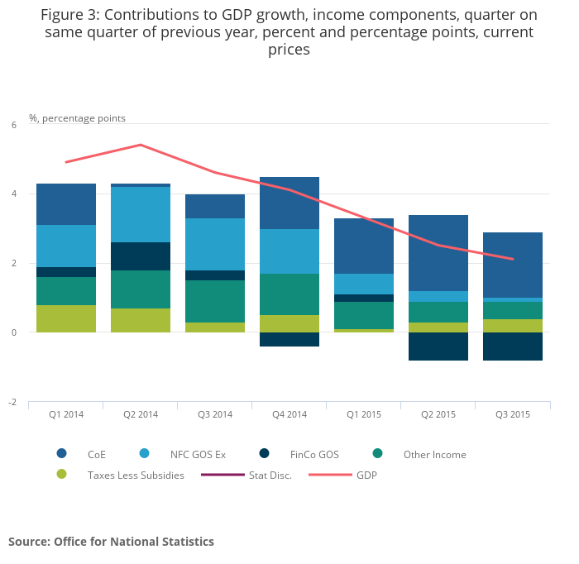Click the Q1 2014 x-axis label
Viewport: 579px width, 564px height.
click(x=65, y=414)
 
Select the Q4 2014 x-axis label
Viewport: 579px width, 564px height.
click(x=289, y=414)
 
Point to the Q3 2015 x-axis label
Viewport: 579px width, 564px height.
click(x=512, y=414)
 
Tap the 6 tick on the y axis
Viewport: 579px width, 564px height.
click(x=13, y=125)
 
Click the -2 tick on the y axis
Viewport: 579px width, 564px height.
click(x=12, y=402)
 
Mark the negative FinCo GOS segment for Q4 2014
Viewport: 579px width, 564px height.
click(x=289, y=339)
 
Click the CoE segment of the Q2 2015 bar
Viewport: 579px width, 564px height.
click(x=438, y=253)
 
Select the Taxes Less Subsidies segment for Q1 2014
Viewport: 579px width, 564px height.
click(x=66, y=318)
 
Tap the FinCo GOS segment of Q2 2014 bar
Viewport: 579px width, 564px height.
click(x=141, y=256)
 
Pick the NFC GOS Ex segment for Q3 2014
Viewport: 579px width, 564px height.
click(x=215, y=244)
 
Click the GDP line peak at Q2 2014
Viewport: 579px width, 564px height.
click(x=141, y=145)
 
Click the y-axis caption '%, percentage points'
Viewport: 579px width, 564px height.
click(x=77, y=118)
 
